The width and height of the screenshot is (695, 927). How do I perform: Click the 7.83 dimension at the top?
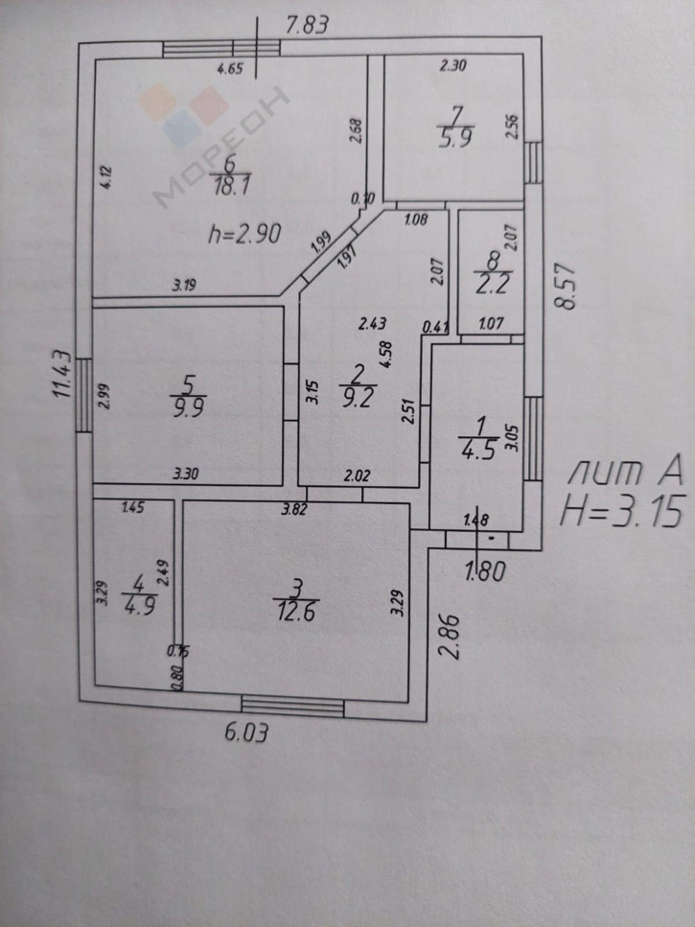click(310, 26)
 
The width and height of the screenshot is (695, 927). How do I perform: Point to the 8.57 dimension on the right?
click(568, 285)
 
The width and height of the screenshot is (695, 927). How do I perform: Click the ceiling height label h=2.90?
click(244, 234)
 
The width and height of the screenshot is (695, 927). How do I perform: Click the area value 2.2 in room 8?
click(490, 281)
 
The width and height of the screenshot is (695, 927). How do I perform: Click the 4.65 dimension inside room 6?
click(231, 68)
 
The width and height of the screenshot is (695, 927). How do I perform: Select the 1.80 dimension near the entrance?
click(483, 574)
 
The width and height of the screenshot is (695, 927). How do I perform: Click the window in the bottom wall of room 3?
click(291, 707)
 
